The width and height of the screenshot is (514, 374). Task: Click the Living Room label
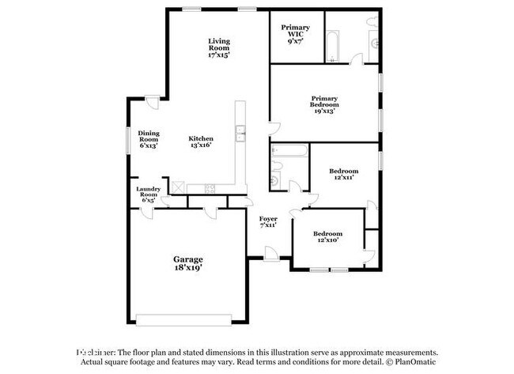coord(219,48)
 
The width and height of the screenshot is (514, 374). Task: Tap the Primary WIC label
coord(296,36)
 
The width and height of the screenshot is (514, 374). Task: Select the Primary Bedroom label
coord(324,105)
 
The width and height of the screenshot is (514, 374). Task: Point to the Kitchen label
coord(201,142)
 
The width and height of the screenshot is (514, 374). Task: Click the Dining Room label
coord(149,140)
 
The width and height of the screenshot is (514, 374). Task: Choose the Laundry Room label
coord(149,195)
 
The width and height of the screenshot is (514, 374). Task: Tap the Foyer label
coord(269,221)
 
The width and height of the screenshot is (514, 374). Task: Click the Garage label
coord(188,263)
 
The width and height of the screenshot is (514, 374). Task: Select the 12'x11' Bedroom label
coord(343,174)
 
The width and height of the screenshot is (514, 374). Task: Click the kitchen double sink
coord(240,133)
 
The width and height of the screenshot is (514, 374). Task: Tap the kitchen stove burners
coord(210,188)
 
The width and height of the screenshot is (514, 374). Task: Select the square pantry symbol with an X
coord(179,187)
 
